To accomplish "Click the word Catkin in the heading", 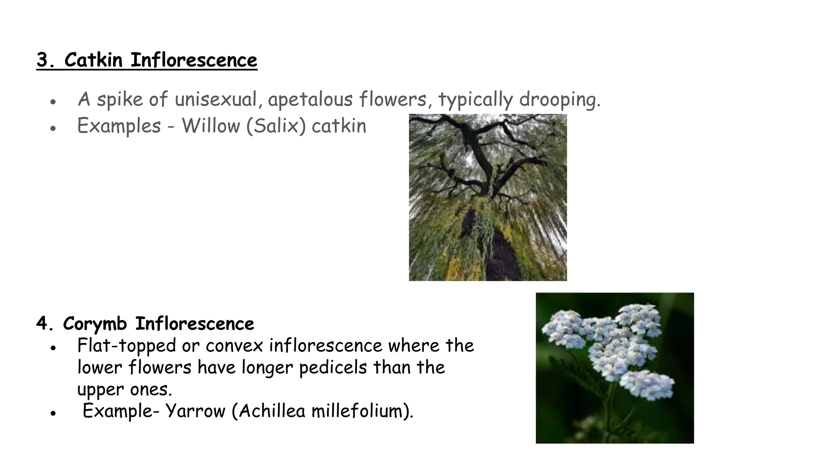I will (93, 61).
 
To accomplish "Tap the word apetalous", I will (310, 99).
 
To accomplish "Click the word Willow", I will (210, 126).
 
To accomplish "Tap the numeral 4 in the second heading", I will (42, 324).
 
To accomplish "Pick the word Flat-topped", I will (126, 346).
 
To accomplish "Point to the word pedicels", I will (332, 368).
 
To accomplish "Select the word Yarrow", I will (195, 411).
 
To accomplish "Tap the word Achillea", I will (272, 411).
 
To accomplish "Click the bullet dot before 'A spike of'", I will (53, 102).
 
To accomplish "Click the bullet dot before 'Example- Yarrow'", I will (53, 414).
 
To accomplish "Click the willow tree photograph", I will (488, 197).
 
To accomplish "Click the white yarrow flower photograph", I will (615, 368).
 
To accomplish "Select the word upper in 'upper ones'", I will (100, 390).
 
